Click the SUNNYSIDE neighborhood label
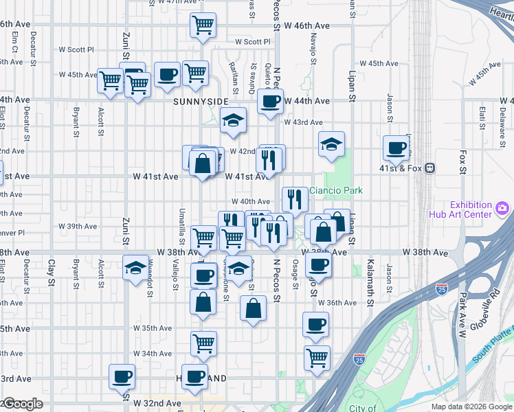tap(200, 101)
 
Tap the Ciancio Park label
tap(335, 191)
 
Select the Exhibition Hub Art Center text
tap(471, 209)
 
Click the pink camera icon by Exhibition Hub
tap(502, 207)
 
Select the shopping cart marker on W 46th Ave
tap(203, 25)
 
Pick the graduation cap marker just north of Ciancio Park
tap(331, 144)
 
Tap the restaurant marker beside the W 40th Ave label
tap(295, 198)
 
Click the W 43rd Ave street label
tap(307, 122)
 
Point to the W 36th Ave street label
tap(342, 303)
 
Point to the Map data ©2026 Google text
tap(471, 407)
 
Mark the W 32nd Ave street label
tap(157, 402)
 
